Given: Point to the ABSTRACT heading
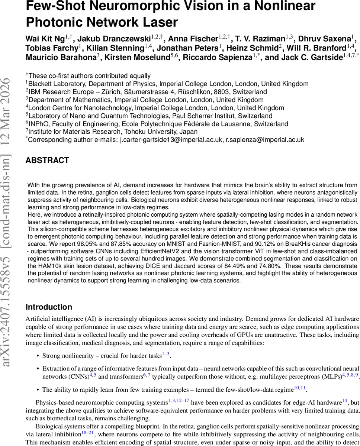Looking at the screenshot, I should pyautogui.click(x=47, y=161).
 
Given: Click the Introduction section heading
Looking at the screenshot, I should pyautogui.click(x=49, y=307).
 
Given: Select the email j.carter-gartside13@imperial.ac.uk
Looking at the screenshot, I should pyautogui.click(x=171, y=140).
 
